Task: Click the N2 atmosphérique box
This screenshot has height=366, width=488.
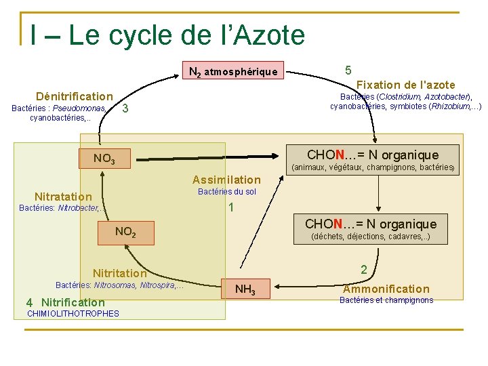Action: coord(232,71)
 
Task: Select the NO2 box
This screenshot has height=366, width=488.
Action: coord(125,232)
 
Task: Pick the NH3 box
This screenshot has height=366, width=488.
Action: coord(245,290)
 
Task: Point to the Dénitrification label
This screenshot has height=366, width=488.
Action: coord(75,96)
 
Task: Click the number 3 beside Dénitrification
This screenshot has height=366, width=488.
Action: coord(125,109)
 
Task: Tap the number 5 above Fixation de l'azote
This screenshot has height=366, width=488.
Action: coord(348,70)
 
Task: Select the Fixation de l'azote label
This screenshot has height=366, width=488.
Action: coord(405,85)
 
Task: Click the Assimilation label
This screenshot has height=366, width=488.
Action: coord(226,180)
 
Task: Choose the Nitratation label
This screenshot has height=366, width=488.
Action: coord(63,197)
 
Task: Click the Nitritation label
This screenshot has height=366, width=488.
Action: coord(119,273)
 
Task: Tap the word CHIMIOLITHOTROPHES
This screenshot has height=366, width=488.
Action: coord(73,313)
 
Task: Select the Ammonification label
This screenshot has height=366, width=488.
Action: coord(386,289)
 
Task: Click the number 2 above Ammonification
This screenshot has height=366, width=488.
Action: coord(364,270)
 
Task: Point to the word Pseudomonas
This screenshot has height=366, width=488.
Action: coord(79,108)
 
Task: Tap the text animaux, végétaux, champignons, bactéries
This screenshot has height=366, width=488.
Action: coord(372,167)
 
